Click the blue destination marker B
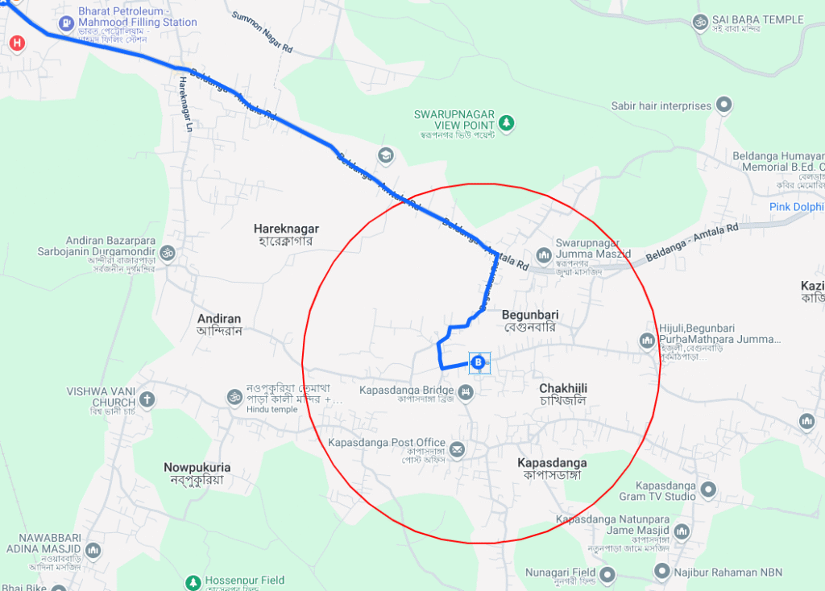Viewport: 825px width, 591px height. pos(479,363)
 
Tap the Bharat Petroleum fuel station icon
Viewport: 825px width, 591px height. pos(64,16)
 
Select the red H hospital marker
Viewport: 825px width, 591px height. pos(16,43)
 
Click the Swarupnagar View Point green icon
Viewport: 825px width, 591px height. pos(506,123)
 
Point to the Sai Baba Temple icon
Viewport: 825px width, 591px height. pos(699,20)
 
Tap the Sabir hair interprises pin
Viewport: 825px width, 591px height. pos(724,105)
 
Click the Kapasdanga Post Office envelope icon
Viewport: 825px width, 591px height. pos(458,448)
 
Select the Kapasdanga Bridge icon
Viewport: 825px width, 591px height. pos(465,392)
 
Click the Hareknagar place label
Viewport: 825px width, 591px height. pos(286,229)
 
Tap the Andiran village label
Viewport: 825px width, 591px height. pos(219,319)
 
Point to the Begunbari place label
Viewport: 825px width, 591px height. pos(530,314)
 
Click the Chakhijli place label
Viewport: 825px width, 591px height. pos(563,389)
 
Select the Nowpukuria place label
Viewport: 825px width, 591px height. pos(197,467)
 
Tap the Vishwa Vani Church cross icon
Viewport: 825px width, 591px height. pos(147,399)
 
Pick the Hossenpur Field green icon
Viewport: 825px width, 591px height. pos(193,581)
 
